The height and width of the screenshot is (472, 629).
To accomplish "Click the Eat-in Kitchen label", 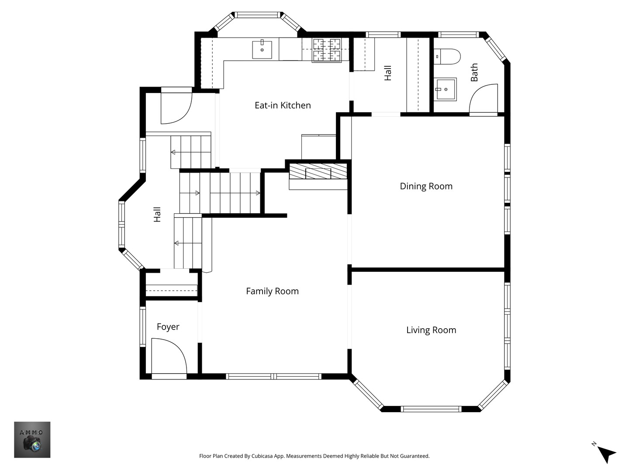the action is point(283,105).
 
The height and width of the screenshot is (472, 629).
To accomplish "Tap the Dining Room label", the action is point(426,186).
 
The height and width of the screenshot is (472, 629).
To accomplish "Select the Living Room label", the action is point(431,330).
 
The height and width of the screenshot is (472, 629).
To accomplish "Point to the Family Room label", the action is point(272,291).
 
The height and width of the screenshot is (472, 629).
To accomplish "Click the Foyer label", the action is point(168,327).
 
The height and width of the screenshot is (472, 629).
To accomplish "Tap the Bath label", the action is point(474,72).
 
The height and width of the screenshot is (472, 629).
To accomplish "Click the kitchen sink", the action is point(262,49).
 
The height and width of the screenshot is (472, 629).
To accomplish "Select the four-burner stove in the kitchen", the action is point(327,50).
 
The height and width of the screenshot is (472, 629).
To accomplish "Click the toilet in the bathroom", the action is point(447,56).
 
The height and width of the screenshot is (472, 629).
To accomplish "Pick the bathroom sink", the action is point(445,90).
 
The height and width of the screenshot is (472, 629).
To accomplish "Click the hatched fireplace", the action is point(318,171).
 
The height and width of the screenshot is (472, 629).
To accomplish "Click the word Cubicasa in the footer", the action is point(262,456).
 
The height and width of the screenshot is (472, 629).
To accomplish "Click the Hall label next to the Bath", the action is point(388,73).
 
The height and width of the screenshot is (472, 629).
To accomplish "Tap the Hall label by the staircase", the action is point(157,214).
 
